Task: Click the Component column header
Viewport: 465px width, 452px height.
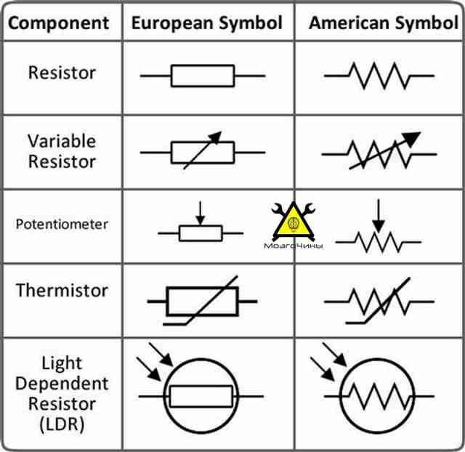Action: [x=59, y=23]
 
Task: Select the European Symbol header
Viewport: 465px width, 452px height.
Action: [x=206, y=23]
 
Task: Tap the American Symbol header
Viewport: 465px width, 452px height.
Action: [x=384, y=23]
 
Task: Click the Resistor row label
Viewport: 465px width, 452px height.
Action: [x=62, y=73]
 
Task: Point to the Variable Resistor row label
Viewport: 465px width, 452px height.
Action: [x=62, y=151]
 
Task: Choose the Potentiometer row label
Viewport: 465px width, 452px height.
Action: [x=62, y=225]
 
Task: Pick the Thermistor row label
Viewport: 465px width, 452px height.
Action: [x=62, y=290]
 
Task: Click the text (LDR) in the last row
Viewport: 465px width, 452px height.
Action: [x=62, y=424]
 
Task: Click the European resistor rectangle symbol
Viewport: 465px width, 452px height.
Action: [x=203, y=76]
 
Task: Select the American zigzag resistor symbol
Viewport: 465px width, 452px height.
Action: [x=379, y=76]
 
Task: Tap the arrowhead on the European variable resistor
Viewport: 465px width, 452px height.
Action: [x=216, y=137]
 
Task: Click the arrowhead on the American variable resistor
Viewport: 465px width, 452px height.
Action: [x=413, y=139]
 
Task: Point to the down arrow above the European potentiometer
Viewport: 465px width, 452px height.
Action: [x=201, y=214]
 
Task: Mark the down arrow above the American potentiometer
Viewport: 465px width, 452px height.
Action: [x=379, y=216]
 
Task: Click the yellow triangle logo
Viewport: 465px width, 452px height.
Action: [x=294, y=221]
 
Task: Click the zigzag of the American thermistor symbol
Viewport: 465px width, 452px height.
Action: [x=379, y=302]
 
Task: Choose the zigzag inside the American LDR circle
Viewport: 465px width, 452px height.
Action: [x=379, y=396]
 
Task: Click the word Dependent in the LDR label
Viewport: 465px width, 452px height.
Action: [x=62, y=384]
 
